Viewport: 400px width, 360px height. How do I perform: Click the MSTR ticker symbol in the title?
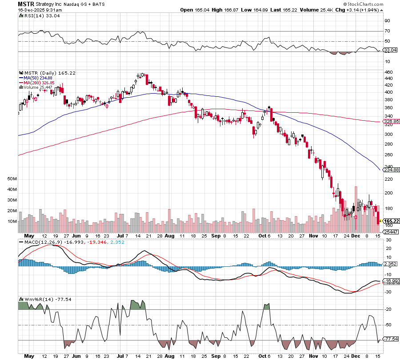[x=25, y=4]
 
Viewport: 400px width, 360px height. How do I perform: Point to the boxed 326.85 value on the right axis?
[x=391, y=121]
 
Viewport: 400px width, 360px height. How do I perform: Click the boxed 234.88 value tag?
[x=391, y=169]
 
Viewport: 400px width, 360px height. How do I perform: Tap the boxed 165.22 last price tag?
[x=391, y=221]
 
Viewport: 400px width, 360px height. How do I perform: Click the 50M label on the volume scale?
[x=12, y=178]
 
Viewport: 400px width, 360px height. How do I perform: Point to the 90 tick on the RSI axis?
[x=387, y=20]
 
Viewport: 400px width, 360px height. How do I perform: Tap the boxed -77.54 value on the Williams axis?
[x=391, y=339]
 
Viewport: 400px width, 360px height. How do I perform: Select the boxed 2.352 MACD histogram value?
[x=390, y=264]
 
